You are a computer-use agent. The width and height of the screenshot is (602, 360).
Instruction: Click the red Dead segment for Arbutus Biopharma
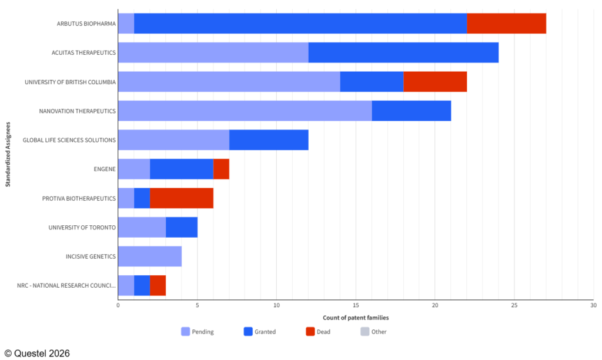[506, 24]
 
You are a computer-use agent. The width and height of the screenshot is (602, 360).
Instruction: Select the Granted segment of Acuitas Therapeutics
[403, 52]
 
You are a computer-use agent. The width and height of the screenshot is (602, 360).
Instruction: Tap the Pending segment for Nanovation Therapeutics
[245, 111]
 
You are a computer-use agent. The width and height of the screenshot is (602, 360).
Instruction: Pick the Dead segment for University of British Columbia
[435, 82]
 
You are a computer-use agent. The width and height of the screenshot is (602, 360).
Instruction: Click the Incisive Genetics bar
[150, 256]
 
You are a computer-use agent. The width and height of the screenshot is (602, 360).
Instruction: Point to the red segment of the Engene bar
[221, 169]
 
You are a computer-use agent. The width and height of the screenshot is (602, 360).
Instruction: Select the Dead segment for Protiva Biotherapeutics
[182, 198]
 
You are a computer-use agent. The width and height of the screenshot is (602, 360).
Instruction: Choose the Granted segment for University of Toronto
[182, 228]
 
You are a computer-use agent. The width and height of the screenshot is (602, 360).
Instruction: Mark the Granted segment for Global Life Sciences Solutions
[269, 140]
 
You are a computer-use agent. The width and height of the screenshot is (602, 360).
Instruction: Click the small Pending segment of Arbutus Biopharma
[126, 24]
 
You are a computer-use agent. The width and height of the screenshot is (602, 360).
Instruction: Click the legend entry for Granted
[259, 332]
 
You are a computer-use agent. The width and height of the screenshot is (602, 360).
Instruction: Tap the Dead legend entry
[318, 332]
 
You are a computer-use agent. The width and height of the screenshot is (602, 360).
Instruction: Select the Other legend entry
[373, 332]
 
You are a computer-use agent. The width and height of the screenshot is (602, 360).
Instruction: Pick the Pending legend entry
[198, 332]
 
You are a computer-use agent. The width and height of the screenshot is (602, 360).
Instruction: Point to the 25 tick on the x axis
[514, 305]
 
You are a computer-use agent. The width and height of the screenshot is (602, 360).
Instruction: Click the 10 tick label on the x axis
[276, 305]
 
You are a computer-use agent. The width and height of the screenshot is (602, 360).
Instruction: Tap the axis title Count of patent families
[356, 318]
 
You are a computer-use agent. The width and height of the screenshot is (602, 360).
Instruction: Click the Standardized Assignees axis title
[8, 155]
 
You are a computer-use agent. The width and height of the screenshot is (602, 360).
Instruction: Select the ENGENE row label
[105, 169]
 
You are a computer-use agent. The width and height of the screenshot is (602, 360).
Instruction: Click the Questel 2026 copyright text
[37, 353]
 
